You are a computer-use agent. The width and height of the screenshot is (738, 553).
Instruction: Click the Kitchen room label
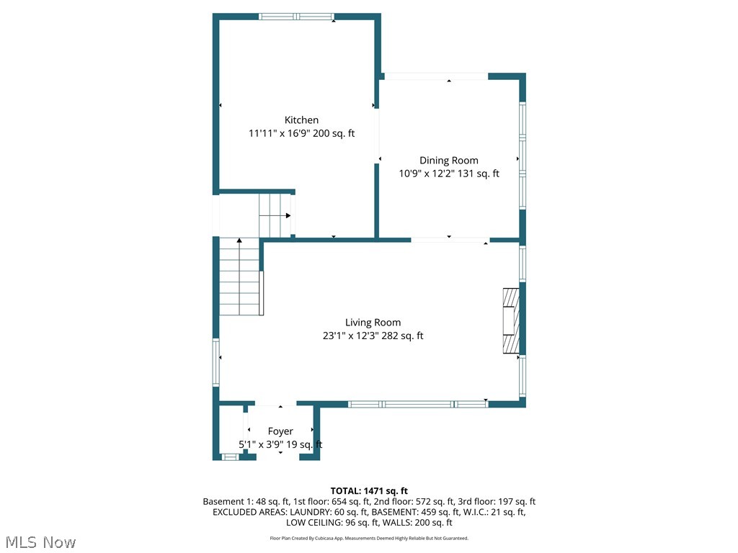click(x=301, y=120)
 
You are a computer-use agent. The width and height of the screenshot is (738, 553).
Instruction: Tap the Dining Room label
click(x=448, y=161)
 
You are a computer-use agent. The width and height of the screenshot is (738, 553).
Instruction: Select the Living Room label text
click(x=373, y=323)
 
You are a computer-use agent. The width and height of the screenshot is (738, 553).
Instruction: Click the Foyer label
click(x=280, y=431)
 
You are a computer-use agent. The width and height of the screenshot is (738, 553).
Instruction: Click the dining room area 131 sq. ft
click(x=475, y=174)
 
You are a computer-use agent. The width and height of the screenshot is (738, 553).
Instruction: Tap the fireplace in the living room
click(x=511, y=321)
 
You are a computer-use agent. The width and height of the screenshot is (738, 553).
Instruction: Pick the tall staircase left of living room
click(x=239, y=277)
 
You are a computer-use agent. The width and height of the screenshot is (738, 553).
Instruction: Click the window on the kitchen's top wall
click(x=296, y=17)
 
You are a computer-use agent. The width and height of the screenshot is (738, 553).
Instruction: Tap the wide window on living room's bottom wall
click(x=418, y=404)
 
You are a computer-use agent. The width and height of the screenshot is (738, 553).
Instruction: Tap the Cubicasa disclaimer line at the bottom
click(x=369, y=538)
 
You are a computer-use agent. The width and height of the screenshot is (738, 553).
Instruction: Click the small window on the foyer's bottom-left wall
click(x=230, y=457)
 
